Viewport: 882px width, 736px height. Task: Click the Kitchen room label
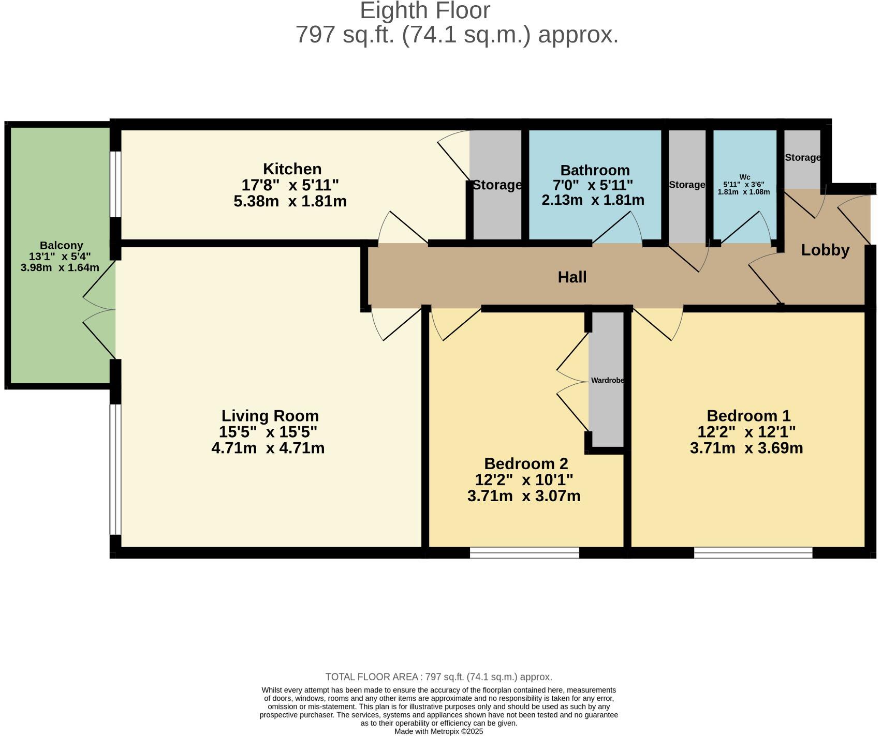tap(292, 169)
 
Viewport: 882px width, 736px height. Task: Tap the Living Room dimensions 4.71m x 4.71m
tap(268, 448)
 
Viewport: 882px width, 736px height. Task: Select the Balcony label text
tap(61, 246)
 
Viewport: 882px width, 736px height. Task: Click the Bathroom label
tap(595, 170)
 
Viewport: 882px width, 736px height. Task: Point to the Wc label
tap(744, 177)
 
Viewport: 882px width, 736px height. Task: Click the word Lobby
tap(825, 250)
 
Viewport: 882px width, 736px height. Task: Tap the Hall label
tap(572, 277)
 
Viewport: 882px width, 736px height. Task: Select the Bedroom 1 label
tap(748, 416)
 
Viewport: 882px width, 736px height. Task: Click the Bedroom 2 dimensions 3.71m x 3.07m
tap(523, 496)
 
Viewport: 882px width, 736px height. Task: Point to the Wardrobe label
tap(607, 380)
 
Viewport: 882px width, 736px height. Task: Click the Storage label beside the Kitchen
tap(497, 185)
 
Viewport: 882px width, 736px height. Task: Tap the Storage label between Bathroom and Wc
tap(686, 185)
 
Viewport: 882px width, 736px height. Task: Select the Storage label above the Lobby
tap(802, 158)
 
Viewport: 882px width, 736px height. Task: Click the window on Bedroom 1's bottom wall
tap(753, 552)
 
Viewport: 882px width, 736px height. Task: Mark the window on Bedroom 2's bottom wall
tap(524, 552)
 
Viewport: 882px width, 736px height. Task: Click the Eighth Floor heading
tap(424, 11)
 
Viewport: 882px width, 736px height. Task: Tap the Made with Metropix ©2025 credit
tap(438, 731)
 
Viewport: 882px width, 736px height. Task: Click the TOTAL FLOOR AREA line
tap(438, 677)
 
